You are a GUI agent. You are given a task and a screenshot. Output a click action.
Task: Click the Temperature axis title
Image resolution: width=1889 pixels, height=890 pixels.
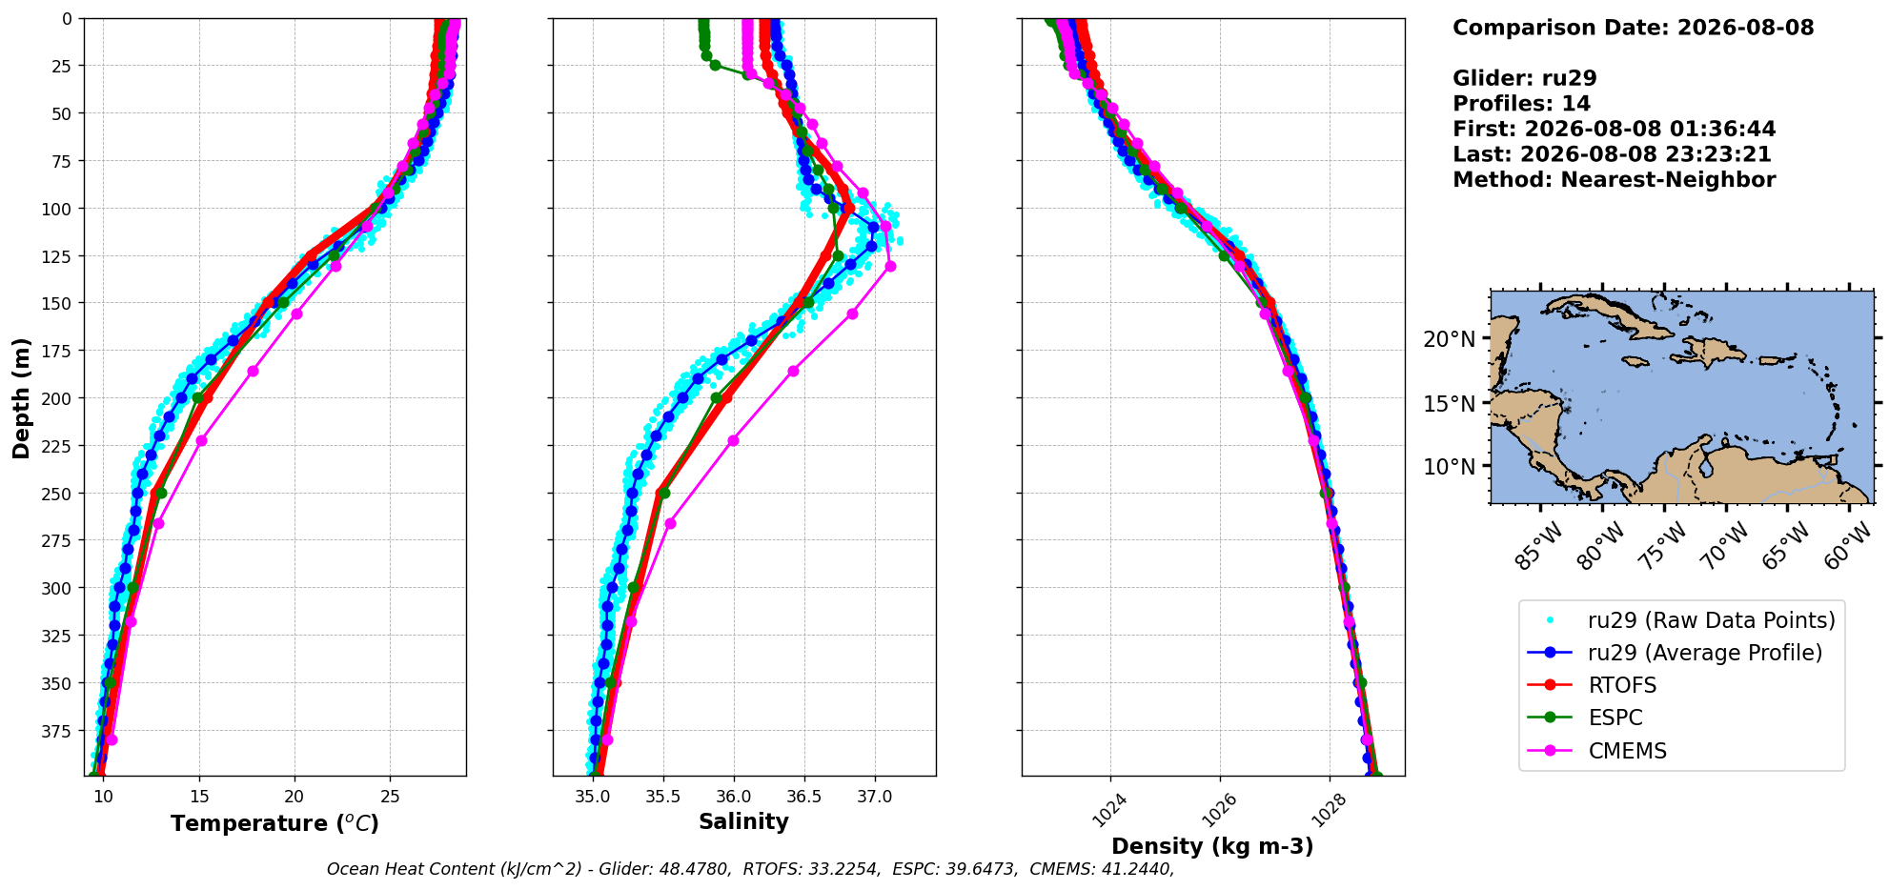point(274,823)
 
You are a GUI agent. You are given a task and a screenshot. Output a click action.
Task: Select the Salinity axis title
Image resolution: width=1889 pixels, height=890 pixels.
point(743,822)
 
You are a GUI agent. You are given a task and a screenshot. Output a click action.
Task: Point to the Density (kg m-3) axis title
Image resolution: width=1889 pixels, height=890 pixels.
point(1212,846)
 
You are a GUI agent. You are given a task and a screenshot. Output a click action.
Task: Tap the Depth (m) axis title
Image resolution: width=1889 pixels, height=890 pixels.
point(21,397)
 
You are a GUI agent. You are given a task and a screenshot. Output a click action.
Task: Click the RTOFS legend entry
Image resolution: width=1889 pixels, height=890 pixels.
point(1622,685)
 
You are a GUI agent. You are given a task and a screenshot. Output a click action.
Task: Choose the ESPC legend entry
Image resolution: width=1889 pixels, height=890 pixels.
point(1615,718)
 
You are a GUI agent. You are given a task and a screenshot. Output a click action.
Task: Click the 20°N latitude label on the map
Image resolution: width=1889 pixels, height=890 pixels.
point(1450,339)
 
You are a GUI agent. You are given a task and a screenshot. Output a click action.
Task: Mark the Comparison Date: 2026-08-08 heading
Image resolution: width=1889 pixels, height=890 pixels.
point(1634,28)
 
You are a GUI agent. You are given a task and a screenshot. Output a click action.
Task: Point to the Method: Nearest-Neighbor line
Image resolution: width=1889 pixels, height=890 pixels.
point(1614,180)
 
